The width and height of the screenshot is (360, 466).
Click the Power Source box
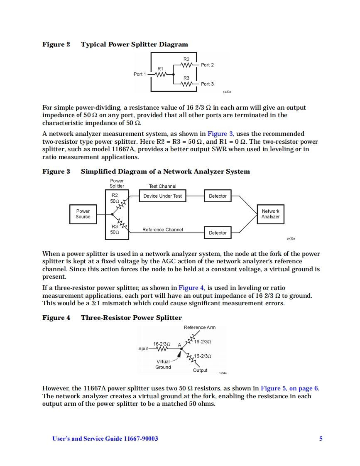point(83,214)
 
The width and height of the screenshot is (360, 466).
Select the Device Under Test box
point(162,196)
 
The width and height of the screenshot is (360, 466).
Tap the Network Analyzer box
point(270,214)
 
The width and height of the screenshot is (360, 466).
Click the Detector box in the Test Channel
point(218,196)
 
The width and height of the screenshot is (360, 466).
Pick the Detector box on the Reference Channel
point(218,233)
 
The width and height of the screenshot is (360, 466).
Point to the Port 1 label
point(140,74)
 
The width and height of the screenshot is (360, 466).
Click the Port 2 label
point(207,65)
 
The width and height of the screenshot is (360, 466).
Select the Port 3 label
point(207,84)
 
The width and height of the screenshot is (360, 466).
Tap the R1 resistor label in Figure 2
point(160,68)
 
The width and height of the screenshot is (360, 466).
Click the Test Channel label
point(162,186)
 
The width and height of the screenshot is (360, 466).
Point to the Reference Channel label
point(162,230)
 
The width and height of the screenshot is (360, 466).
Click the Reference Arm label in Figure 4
point(199,327)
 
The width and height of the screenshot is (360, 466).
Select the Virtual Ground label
point(163,364)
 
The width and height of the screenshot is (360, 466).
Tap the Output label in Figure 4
point(200,370)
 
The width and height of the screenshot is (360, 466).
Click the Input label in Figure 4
point(142,348)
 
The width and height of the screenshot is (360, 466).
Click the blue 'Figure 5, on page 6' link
point(289,388)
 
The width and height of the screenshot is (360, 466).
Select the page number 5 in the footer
point(321,439)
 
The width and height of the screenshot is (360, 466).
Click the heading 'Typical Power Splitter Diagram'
point(134,44)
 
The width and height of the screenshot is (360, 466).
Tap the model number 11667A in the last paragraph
point(96,388)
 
